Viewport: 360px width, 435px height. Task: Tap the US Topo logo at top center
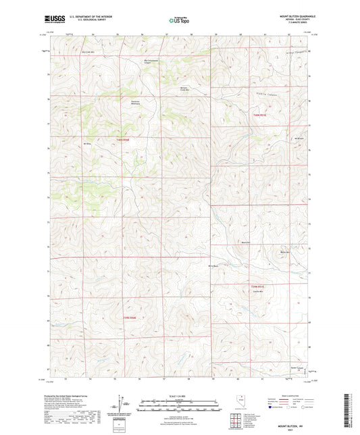[179, 20]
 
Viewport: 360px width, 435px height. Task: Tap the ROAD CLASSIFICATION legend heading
[292, 395]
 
